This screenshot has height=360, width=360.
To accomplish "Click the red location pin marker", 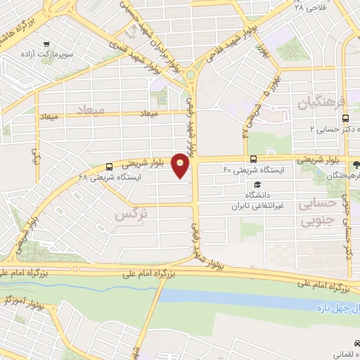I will [181, 165].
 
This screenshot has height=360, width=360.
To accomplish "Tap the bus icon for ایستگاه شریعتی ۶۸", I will [109, 167].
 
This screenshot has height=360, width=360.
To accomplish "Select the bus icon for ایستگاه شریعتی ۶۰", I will [252, 158].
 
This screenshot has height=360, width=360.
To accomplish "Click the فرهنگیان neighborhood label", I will [322, 104].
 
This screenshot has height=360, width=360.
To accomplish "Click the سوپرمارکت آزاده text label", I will [47, 55].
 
